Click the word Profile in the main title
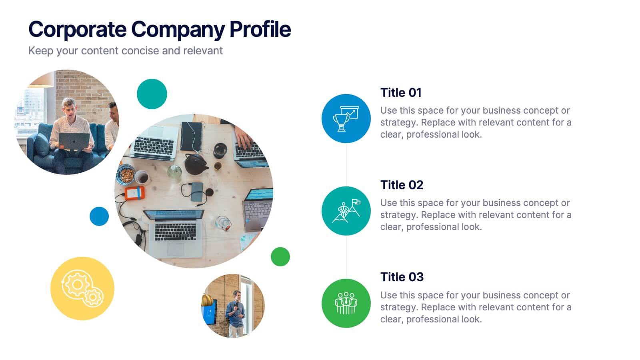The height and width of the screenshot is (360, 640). tap(260, 30)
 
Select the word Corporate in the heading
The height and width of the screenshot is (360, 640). tap(78, 30)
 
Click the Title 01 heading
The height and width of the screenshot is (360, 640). tap(401, 92)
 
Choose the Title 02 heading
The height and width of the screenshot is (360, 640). tap(402, 185)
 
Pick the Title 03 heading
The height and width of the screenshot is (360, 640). tap(402, 277)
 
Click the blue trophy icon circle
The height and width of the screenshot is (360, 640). tap(346, 118)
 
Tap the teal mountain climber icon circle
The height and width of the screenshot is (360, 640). tap(346, 211)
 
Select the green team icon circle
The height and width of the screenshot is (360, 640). tap(346, 303)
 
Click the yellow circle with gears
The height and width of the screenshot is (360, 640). tap(82, 288)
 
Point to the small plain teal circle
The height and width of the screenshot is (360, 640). tap(152, 94)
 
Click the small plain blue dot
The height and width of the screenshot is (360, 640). tap(99, 216)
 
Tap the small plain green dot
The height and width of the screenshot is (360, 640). tap(280, 256)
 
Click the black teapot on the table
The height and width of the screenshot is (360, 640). tap(196, 164)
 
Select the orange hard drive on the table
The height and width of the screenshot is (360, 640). tap(134, 193)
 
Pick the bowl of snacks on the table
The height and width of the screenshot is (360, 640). tap(126, 174)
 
